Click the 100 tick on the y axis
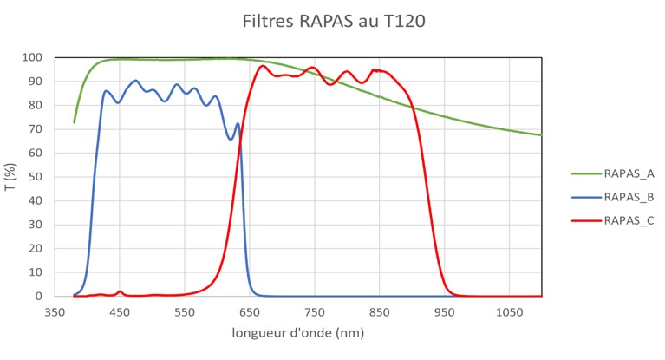[x=35, y=58]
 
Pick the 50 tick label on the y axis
[x=37, y=177]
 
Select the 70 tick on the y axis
[x=37, y=129]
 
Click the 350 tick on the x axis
[x=55, y=311]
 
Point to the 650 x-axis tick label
[x=250, y=311]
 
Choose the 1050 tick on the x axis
[x=509, y=311]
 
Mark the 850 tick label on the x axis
[x=380, y=311]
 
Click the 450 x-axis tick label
[x=120, y=311]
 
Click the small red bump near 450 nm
[x=120, y=291]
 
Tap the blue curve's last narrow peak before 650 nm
[x=238, y=124]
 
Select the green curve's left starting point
[x=74, y=122]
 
